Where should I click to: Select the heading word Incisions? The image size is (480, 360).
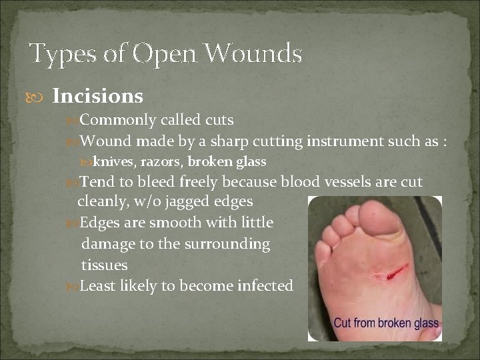click(x=97, y=97)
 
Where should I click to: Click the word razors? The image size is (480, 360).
click(x=162, y=161)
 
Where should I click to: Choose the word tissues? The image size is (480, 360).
click(x=104, y=265)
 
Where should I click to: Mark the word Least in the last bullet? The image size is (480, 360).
click(x=99, y=285)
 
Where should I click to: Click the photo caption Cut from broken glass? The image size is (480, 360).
click(x=386, y=324)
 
